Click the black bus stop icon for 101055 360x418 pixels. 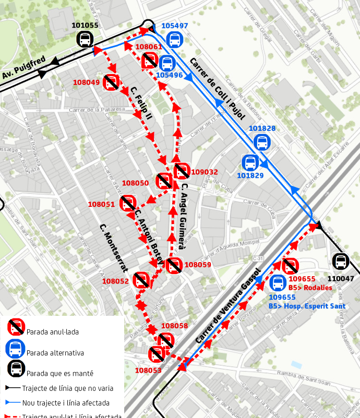[84, 39]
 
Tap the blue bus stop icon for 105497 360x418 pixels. [174, 39]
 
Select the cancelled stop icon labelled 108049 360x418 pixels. [111, 82]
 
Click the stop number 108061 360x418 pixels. [148, 47]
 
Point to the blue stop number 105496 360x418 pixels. [169, 75]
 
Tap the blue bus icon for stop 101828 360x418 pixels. [262, 142]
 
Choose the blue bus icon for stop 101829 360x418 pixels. [250, 163]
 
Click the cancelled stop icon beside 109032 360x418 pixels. [182, 171]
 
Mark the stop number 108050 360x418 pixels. [135, 183]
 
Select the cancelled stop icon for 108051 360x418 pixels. [127, 203]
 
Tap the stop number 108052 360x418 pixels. [115, 281]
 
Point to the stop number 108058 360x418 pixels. [174, 326]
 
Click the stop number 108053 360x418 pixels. [148, 370]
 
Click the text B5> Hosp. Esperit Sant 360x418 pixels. [307, 306]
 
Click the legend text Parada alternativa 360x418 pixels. [55, 353]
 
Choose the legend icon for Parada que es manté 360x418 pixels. [16, 368]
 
